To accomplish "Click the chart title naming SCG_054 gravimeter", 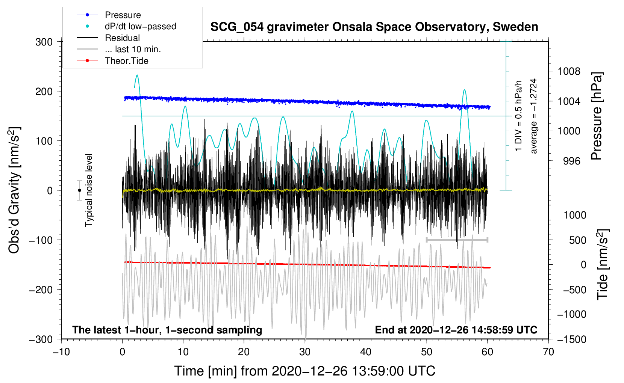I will tap(374, 27).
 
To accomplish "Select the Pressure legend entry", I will tap(123, 15).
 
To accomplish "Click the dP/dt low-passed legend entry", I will tap(140, 26).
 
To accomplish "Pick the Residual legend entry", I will tap(122, 38).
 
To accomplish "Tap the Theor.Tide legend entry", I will tap(126, 61).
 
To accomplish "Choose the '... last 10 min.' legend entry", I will tap(133, 49).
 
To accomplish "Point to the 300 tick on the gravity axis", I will tap(44, 42).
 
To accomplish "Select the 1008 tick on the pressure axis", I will tap(569, 71).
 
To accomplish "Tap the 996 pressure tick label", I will tap(571, 161).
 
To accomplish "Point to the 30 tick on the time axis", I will tap(305, 352).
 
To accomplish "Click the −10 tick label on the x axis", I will tap(61, 352).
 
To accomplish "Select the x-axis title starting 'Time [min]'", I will tap(304, 371).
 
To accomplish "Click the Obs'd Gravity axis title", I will tap(14, 190).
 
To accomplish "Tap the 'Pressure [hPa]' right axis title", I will tap(597, 116).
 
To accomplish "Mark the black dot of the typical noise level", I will tap(79, 190).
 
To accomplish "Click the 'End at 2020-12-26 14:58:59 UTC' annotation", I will tap(456, 330).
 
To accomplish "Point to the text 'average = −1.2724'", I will tap(534, 116).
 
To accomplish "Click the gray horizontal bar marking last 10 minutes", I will tap(457, 240).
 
